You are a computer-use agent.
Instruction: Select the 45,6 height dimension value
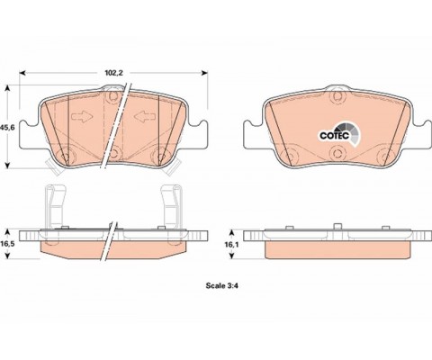pos(7,127)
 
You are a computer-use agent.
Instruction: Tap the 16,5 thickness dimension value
pos(7,244)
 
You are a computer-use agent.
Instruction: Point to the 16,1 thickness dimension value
pos(231,245)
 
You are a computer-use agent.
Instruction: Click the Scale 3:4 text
pos(222,285)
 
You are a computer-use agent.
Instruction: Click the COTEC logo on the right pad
pos(339,135)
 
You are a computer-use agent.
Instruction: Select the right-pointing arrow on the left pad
pos(82,116)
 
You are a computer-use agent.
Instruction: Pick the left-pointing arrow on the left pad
pos(145,116)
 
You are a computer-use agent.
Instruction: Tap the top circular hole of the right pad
pos(337,96)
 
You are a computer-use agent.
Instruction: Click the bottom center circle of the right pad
pos(337,152)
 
